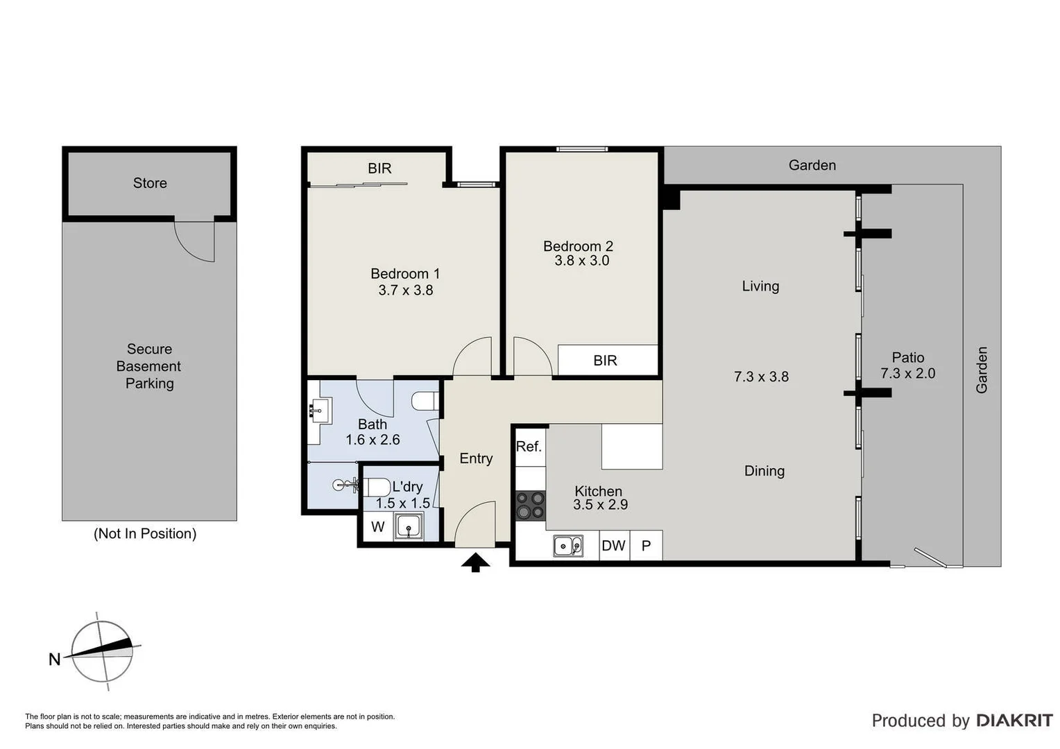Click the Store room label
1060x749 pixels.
pyautogui.click(x=150, y=183)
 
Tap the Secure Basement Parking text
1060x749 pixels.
pyautogui.click(x=149, y=366)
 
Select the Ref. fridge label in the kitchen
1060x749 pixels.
pyautogui.click(x=529, y=447)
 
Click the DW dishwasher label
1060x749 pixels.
pyautogui.click(x=613, y=546)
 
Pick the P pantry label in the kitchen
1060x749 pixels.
pyautogui.click(x=646, y=546)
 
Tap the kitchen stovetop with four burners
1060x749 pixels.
pyautogui.click(x=531, y=505)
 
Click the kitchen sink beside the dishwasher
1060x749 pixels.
pyautogui.click(x=567, y=546)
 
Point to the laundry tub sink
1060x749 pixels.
pyautogui.click(x=409, y=526)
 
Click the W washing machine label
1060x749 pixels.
pyautogui.click(x=377, y=526)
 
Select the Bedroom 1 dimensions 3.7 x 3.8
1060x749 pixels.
pyautogui.click(x=406, y=291)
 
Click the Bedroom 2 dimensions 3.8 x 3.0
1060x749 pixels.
pyautogui.click(x=581, y=261)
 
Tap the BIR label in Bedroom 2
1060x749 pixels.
pyautogui.click(x=605, y=361)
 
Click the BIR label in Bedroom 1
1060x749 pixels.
pyautogui.click(x=379, y=169)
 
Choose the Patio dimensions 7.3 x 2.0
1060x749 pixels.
pyautogui.click(x=908, y=374)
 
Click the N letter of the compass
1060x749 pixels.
pyautogui.click(x=55, y=660)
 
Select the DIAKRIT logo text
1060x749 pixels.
pyautogui.click(x=1014, y=721)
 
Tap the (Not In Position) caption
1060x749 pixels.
pyautogui.click(x=145, y=533)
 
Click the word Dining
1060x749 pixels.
pyautogui.click(x=764, y=471)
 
